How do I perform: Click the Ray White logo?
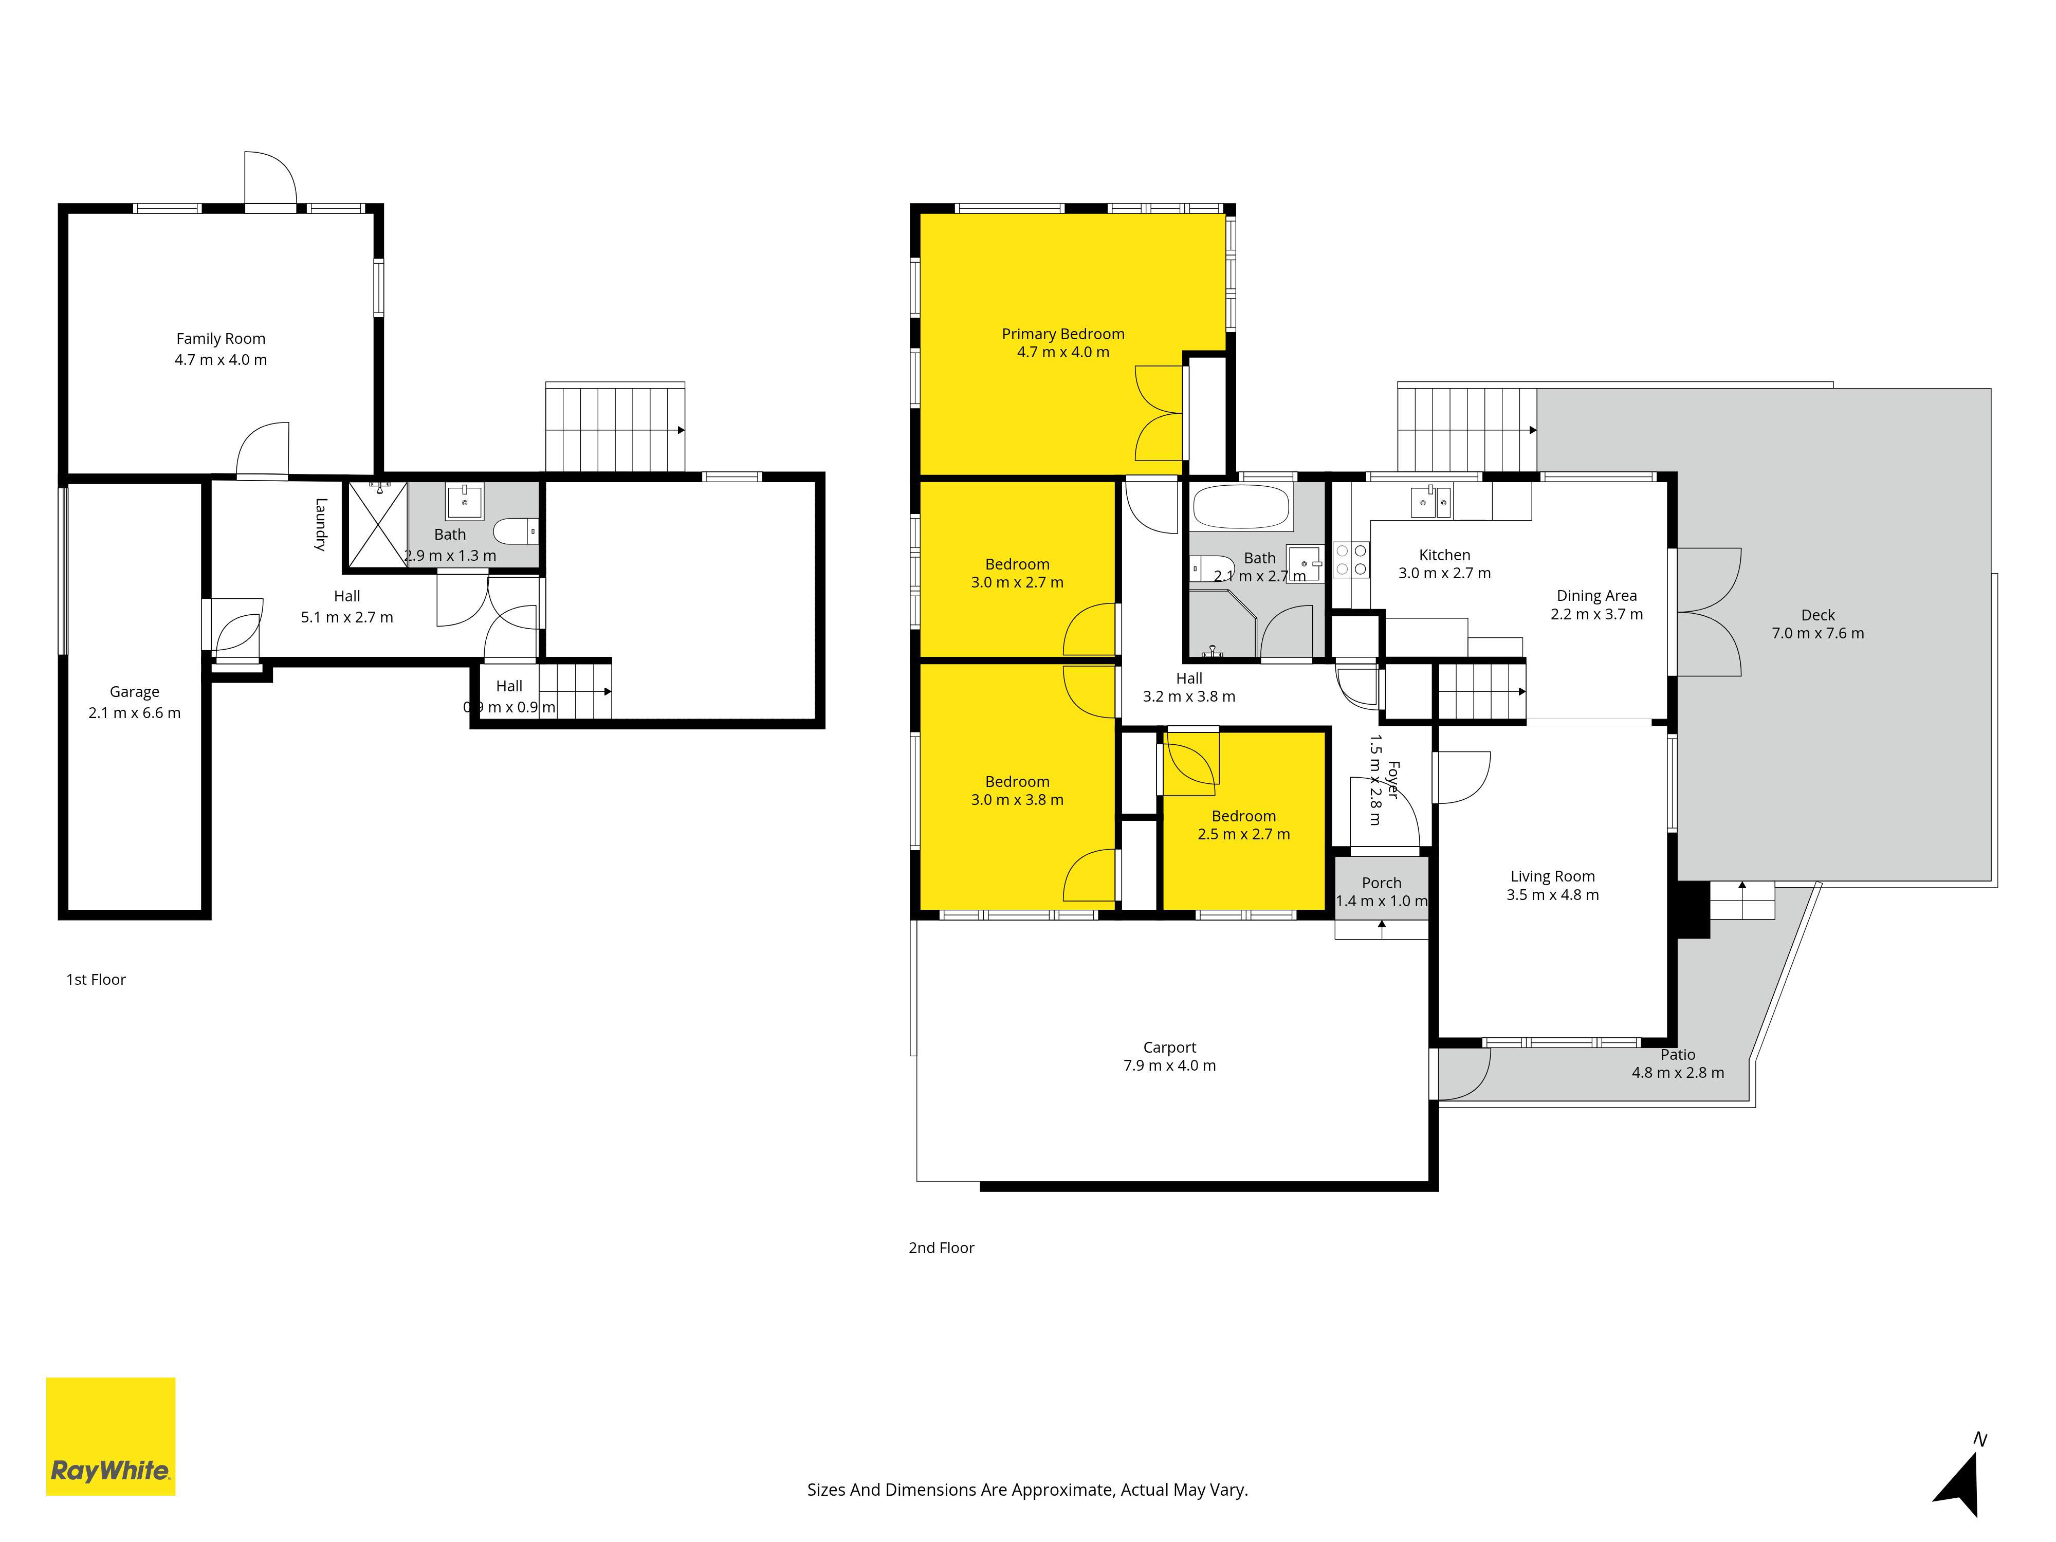tap(111, 1436)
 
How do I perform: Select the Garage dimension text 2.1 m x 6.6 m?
tap(135, 713)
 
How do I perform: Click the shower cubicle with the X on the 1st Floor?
tap(377, 524)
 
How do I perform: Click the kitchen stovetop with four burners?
tap(1350, 560)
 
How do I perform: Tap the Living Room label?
tap(1552, 876)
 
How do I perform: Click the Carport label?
tap(1169, 1048)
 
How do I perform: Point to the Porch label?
tap(1381, 883)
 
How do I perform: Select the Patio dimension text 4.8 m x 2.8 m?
tap(1678, 1073)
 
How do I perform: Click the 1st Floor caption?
tap(96, 980)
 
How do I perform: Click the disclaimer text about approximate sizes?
tap(1027, 1490)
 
